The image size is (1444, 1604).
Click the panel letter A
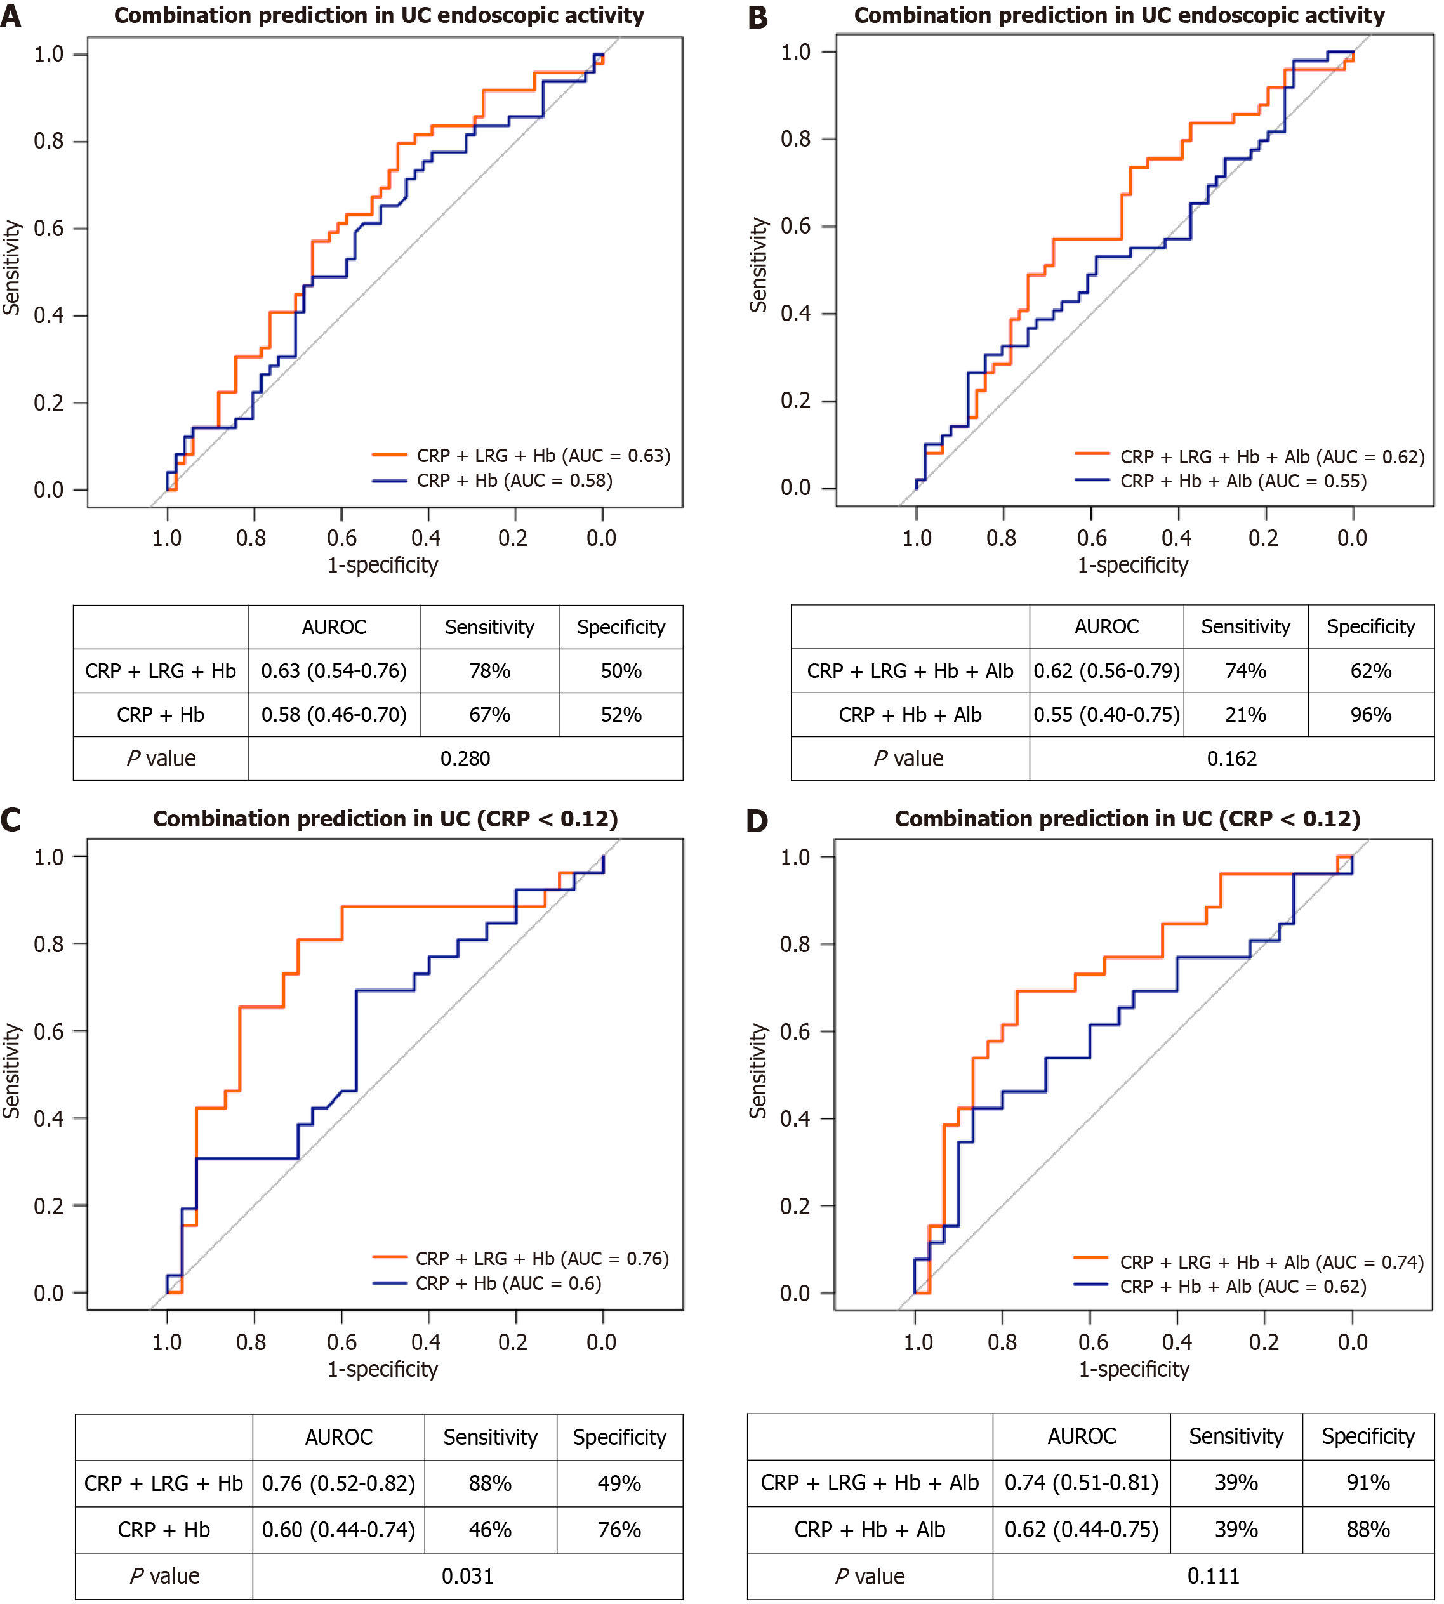tap(11, 16)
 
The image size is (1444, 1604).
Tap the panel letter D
tap(758, 820)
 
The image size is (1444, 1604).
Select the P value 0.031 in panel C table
tap(467, 1575)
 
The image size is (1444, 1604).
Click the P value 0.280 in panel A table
tap(465, 759)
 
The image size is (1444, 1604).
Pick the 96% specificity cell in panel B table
tap(1370, 715)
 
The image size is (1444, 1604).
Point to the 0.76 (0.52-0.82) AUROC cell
tap(339, 1483)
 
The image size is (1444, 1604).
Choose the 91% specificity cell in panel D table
tap(1368, 1483)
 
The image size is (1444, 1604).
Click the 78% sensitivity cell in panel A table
tap(489, 671)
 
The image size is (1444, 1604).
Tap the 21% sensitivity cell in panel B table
tap(1245, 715)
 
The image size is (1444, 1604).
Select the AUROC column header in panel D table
tap(1082, 1436)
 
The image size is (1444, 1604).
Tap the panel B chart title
tap(1118, 15)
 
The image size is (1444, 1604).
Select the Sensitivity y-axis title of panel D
tap(758, 1071)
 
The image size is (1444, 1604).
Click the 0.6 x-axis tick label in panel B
tap(1092, 539)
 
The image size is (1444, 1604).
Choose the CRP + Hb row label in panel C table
tap(164, 1530)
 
